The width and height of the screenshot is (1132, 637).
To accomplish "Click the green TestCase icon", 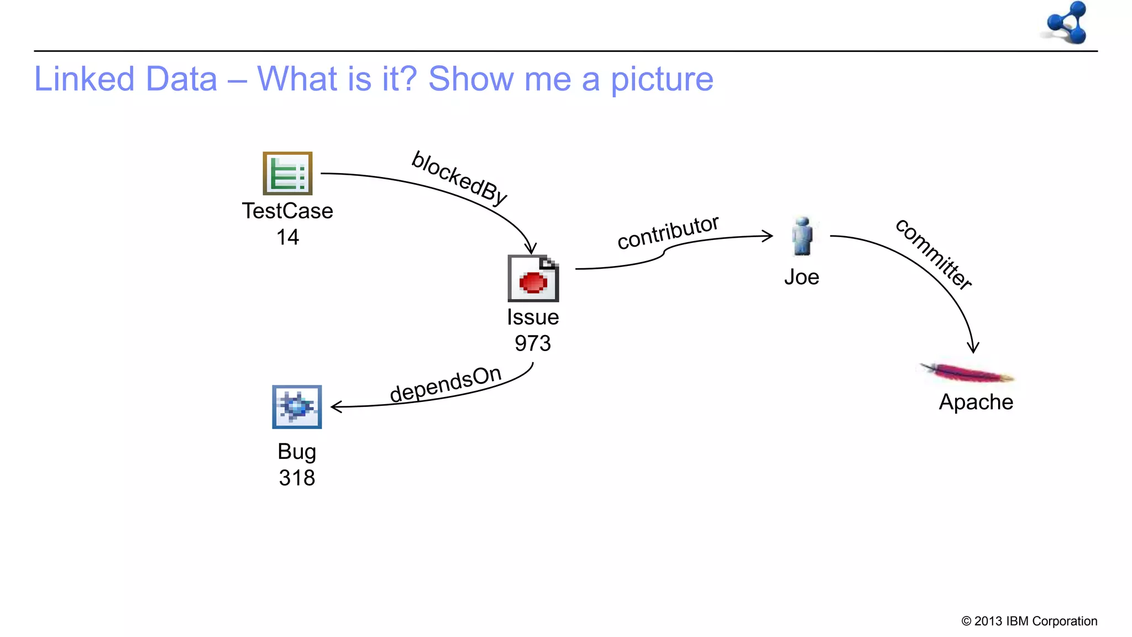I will tap(287, 173).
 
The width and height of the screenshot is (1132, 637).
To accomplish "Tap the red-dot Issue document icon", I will tap(533, 278).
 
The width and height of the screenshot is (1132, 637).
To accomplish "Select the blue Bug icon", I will tap(297, 407).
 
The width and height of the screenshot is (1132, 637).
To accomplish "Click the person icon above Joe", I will tap(802, 236).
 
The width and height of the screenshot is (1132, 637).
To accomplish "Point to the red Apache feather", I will tap(967, 373).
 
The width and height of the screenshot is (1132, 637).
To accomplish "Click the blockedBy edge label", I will tap(459, 178).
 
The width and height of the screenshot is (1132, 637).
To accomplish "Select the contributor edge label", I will tap(668, 232).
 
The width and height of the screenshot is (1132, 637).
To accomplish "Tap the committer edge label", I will tap(933, 254).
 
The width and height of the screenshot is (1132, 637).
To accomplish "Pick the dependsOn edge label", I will tap(446, 384).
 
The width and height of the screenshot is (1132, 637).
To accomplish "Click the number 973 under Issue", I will tap(533, 343).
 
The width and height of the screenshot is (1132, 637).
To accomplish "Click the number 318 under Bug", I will tap(297, 478).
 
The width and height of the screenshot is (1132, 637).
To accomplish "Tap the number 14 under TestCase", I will tap(287, 237).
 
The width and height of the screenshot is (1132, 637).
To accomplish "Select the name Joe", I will tap(801, 277).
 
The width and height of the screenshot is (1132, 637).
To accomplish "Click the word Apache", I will tap(976, 402).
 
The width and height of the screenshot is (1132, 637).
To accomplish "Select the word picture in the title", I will tap(662, 79).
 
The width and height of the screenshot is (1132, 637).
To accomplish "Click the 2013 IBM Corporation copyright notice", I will tap(1029, 621).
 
